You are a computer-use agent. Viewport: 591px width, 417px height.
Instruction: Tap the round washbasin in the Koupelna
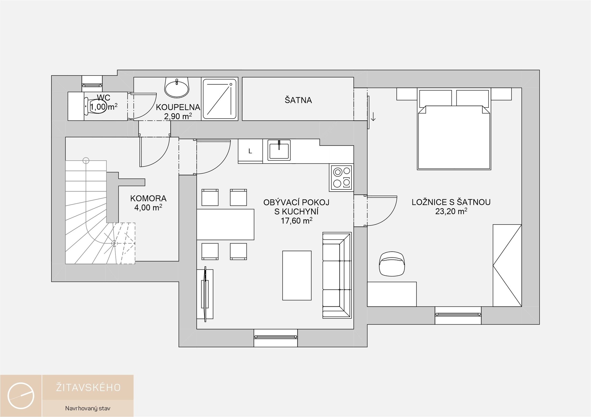[177, 87]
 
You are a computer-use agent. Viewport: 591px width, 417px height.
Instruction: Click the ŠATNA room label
[298, 100]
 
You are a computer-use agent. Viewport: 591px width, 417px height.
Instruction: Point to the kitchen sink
[279, 150]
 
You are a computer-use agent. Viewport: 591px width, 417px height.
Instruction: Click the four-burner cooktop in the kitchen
[341, 177]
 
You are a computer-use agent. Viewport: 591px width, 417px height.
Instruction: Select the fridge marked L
[250, 151]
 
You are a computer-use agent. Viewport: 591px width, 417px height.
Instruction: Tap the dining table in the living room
[225, 224]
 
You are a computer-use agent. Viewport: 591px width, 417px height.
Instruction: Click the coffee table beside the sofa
[297, 275]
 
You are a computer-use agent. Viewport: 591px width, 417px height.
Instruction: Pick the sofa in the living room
[337, 275]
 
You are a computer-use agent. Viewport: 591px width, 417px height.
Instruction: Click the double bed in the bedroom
[454, 129]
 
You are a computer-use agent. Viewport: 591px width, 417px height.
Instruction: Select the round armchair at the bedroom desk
[392, 264]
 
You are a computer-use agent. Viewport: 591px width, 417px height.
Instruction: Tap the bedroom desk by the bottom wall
[392, 294]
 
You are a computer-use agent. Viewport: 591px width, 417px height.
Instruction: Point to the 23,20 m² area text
[451, 211]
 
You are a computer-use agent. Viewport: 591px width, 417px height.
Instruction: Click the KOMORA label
[148, 198]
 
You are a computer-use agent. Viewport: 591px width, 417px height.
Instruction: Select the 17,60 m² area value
[296, 221]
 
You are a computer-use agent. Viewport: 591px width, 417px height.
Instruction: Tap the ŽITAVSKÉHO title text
[88, 387]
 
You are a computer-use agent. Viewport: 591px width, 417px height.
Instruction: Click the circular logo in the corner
[21, 395]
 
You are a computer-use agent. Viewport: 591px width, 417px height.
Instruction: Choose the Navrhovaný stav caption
[88, 408]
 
